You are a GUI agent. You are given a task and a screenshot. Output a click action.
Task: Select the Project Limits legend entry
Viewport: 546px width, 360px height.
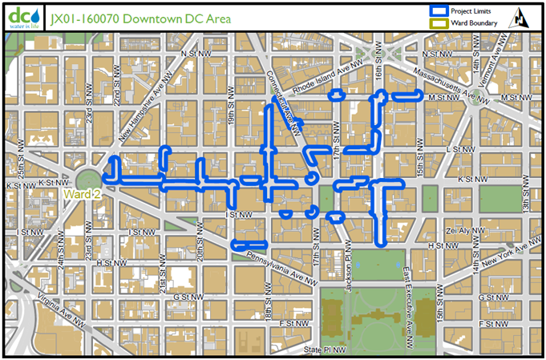(x=462, y=11)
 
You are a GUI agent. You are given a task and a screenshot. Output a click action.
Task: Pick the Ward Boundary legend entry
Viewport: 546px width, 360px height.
(x=462, y=23)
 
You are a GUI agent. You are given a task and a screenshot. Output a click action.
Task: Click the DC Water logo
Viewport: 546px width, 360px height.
(x=21, y=17)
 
